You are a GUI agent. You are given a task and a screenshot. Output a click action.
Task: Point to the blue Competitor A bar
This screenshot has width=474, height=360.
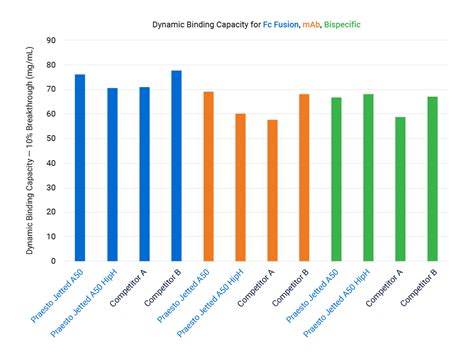point(144,171)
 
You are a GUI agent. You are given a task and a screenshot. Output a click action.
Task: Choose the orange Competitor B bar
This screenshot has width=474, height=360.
point(304,175)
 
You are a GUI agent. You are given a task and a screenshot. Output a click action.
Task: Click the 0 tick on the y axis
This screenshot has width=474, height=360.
point(52,257)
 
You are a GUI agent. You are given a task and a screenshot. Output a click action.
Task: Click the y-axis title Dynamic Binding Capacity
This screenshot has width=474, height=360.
point(31,149)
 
